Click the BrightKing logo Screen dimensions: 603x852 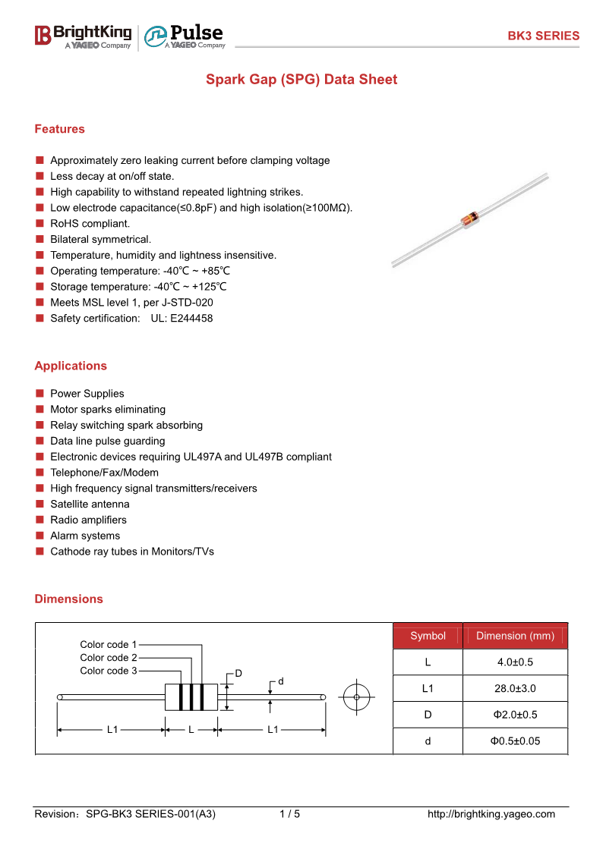[84, 36]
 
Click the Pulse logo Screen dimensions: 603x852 [185, 36]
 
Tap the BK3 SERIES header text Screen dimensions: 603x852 [543, 36]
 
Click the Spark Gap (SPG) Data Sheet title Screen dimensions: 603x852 [301, 80]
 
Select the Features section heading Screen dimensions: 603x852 [60, 129]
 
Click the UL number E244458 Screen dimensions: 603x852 [191, 319]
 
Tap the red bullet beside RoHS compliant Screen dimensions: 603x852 [39, 223]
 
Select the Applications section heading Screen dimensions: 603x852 [71, 366]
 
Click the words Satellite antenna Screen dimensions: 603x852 [90, 505]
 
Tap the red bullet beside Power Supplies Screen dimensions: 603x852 [39, 394]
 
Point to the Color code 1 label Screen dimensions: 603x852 [108, 644]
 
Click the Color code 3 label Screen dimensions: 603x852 [108, 671]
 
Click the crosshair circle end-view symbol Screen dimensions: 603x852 [357, 697]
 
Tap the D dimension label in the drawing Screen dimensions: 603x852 [238, 674]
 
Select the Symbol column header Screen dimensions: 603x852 [428, 636]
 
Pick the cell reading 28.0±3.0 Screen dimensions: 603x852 [515, 688]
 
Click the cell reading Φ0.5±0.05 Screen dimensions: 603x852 [515, 741]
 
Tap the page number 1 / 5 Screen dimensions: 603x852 [290, 814]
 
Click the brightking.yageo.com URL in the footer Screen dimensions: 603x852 [491, 814]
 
